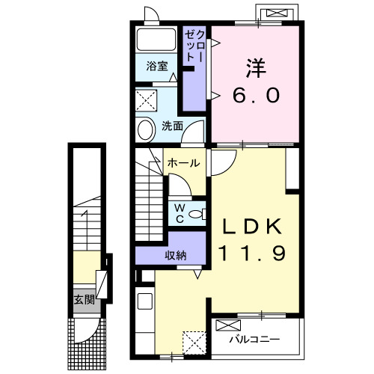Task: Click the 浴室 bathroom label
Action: click(x=157, y=66)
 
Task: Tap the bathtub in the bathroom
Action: click(x=156, y=40)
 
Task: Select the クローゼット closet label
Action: click(x=195, y=46)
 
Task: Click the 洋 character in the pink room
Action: click(x=256, y=68)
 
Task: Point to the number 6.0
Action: click(x=256, y=96)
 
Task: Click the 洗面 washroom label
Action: click(x=172, y=126)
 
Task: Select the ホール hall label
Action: click(x=184, y=163)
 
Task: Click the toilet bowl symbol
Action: click(x=197, y=214)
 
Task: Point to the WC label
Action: click(x=180, y=213)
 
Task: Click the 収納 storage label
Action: click(x=176, y=255)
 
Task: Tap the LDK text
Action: click(x=252, y=226)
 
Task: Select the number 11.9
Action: click(x=252, y=253)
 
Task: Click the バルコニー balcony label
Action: click(x=254, y=339)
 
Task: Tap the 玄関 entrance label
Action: click(x=85, y=299)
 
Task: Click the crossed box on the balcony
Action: click(x=228, y=325)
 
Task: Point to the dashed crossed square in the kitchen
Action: click(x=194, y=343)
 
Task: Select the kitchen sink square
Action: click(x=145, y=301)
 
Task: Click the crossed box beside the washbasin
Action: click(x=147, y=100)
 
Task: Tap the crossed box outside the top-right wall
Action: click(x=277, y=13)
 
